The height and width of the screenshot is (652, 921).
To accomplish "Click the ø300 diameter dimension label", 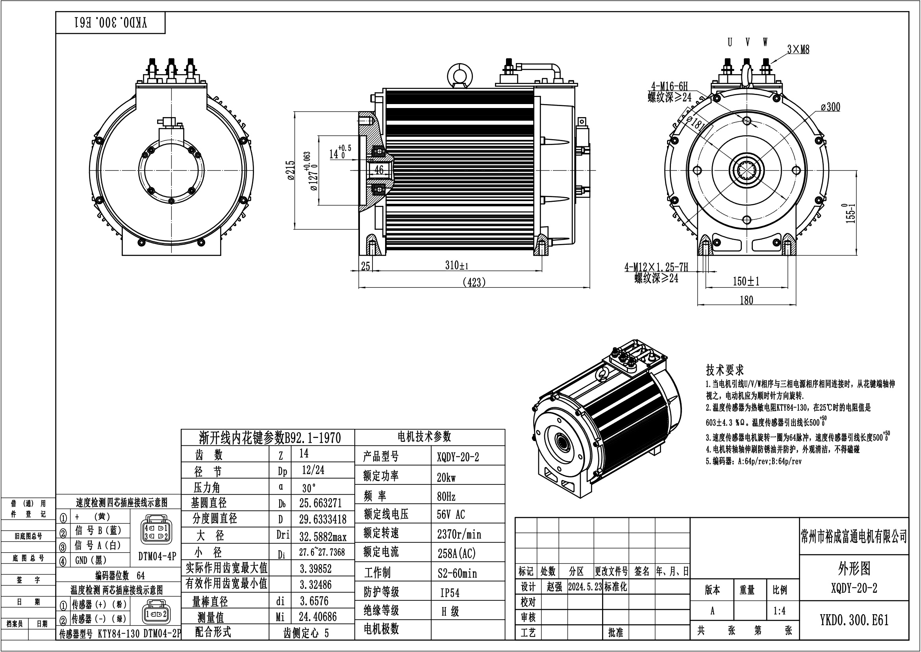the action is pyautogui.click(x=830, y=107).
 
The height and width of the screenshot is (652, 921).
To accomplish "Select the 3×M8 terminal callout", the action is pyautogui.click(x=798, y=49).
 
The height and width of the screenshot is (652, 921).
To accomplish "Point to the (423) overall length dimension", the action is pyautogui.click(x=474, y=282).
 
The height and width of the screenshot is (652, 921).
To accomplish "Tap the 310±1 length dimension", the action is pyautogui.click(x=456, y=265).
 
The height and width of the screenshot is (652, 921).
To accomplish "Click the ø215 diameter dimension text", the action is pyautogui.click(x=291, y=170).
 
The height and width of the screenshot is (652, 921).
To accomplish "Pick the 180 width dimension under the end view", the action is pyautogui.click(x=746, y=300).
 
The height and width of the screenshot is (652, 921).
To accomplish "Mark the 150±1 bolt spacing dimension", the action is pyautogui.click(x=746, y=281).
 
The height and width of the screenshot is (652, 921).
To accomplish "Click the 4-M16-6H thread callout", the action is pyautogui.click(x=669, y=86).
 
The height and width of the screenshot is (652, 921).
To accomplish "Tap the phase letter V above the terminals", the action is pyautogui.click(x=748, y=42).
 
